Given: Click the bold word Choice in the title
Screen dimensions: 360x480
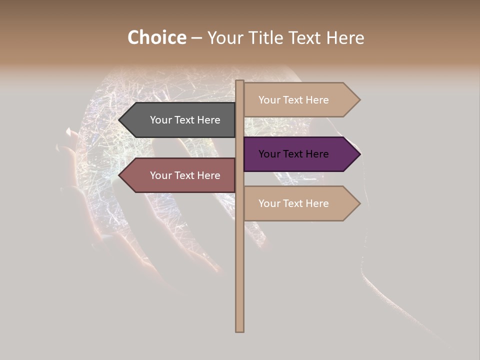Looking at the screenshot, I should click(x=156, y=38).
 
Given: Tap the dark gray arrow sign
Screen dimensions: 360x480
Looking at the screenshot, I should click(x=180, y=120).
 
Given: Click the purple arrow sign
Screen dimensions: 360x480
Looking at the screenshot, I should click(x=297, y=154).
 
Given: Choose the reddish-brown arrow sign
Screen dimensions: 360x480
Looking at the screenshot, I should click(x=180, y=175).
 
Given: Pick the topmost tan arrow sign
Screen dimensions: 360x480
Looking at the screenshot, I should click(x=297, y=100).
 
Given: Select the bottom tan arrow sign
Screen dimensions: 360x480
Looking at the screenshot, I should click(x=297, y=203).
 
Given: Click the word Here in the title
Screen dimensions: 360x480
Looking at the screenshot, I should click(x=345, y=38).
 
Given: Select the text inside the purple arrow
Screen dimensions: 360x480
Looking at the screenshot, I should click(x=293, y=154).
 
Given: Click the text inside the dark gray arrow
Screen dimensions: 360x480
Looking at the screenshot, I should click(x=185, y=120).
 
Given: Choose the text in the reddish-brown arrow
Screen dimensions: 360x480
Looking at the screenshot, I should click(x=185, y=175).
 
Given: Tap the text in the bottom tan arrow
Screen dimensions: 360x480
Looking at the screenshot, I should click(x=293, y=203).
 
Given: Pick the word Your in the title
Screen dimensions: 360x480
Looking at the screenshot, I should click(x=225, y=38).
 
